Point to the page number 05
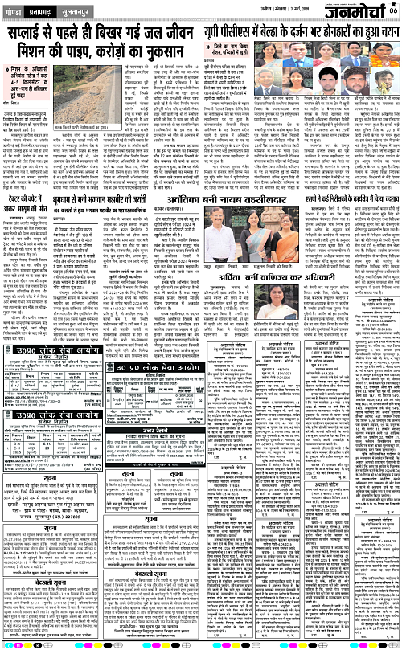click(x=392, y=10)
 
